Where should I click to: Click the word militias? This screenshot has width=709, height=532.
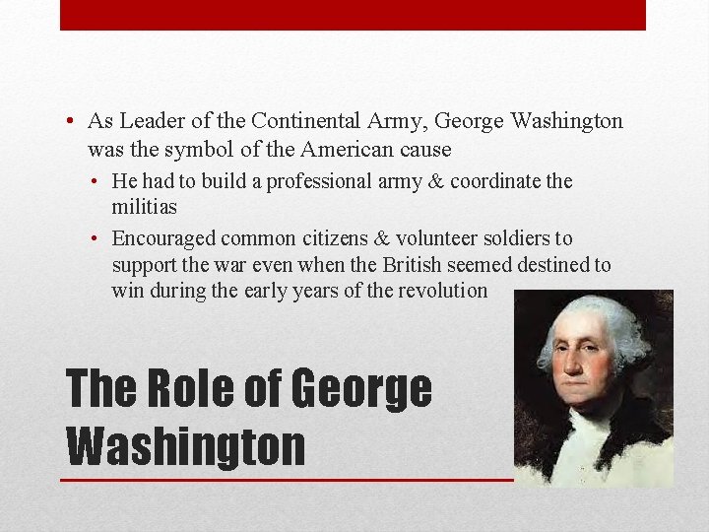coord(145,208)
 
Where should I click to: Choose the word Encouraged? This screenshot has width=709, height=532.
coord(163,238)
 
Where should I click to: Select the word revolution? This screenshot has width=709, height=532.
coord(442,291)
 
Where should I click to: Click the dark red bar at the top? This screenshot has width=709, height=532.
coord(353,15)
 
